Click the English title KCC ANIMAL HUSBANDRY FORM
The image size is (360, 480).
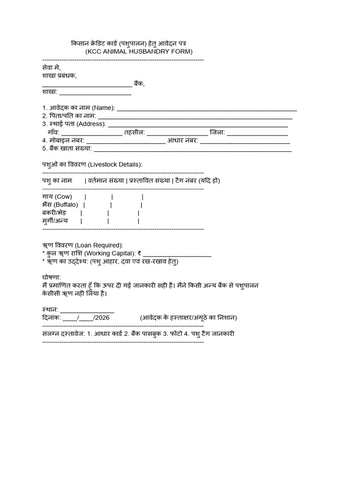pyautogui.click(x=138, y=52)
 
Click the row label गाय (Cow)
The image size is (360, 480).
pyautogui.click(x=57, y=196)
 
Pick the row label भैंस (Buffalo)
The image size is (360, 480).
pyautogui.click(x=60, y=205)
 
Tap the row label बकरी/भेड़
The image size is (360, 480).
pyautogui.click(x=54, y=213)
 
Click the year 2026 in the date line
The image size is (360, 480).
pyautogui.click(x=102, y=318)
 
